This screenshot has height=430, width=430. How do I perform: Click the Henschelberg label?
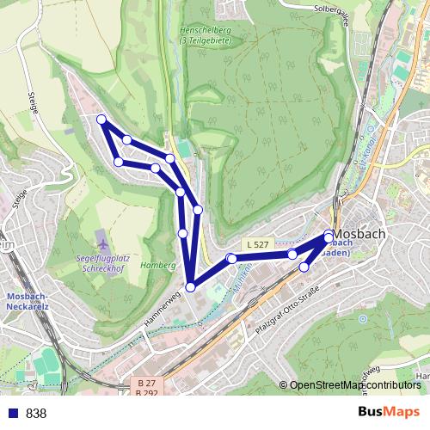click(x=204, y=33)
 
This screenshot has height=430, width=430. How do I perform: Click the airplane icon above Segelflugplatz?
click(x=103, y=236)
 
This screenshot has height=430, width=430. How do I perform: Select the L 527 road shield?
click(x=256, y=245)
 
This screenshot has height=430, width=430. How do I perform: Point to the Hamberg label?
click(x=157, y=265)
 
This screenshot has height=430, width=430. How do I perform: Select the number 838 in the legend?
click(x=36, y=413)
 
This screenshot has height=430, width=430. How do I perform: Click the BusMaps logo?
click(x=389, y=412)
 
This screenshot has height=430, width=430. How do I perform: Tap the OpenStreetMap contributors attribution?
click(x=354, y=385)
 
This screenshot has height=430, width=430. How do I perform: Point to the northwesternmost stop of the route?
click(x=101, y=120)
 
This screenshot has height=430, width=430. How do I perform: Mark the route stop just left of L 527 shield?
click(x=230, y=258)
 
